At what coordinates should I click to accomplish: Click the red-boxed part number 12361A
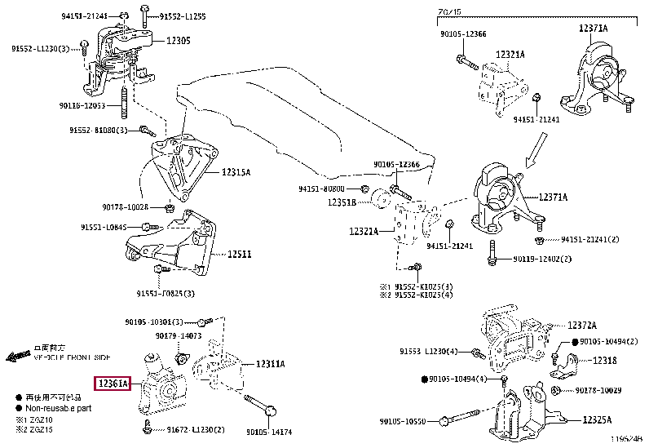pyautogui.click(x=113, y=383)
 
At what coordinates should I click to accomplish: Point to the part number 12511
pyautogui.click(x=239, y=254)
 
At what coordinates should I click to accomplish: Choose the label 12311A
pyautogui.click(x=270, y=364)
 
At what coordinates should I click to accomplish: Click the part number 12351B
pyautogui.click(x=343, y=202)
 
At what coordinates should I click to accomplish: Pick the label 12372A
pyautogui.click(x=582, y=324)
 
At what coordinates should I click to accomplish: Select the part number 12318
pyautogui.click(x=604, y=360)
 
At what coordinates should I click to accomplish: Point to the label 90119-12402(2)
pyautogui.click(x=542, y=259)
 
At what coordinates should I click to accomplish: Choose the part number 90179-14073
pyautogui.click(x=179, y=335)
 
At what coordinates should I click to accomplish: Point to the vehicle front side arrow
pyautogui.click(x=18, y=357)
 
